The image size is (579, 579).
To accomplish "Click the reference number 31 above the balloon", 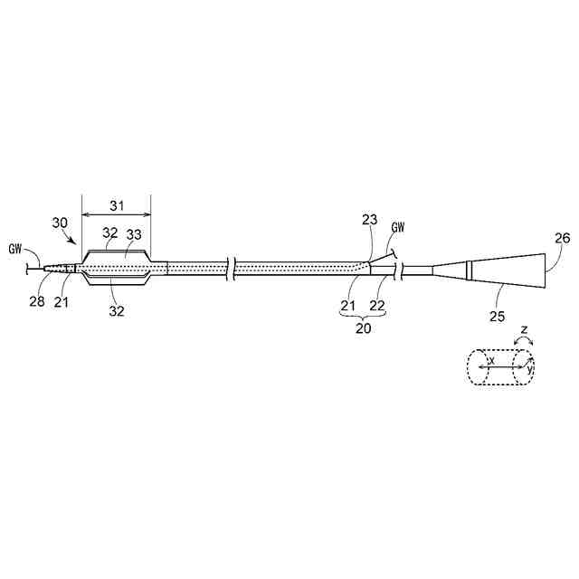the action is (x=115, y=204).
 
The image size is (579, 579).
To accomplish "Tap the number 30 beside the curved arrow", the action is (x=60, y=223).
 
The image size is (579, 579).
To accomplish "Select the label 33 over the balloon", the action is (x=133, y=234).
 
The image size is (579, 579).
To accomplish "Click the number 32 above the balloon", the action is (x=110, y=233).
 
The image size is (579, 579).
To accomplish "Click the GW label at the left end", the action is (x=14, y=249).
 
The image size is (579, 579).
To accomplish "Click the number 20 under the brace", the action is (x=363, y=328).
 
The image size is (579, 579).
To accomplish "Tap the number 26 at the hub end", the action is (x=562, y=238).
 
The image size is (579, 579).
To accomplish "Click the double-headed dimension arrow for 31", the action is (x=115, y=216).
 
